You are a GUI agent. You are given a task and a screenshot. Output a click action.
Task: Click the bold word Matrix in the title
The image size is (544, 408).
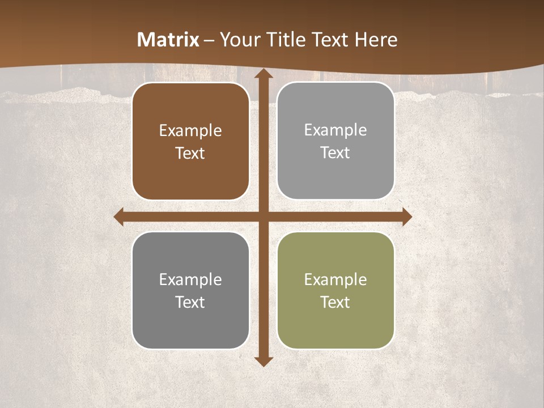point(168,40)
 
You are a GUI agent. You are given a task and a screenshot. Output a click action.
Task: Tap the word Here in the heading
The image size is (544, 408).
point(376,40)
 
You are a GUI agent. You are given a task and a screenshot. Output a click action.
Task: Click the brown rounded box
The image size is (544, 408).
point(190,141)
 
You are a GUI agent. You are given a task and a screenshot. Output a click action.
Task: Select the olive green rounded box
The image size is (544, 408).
point(335,290)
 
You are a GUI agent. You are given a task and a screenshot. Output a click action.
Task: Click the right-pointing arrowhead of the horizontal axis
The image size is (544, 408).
point(407,217)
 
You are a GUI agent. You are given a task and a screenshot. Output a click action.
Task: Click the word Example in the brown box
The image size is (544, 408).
point(190,131)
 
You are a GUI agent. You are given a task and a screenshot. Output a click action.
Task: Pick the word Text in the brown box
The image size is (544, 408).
point(190,154)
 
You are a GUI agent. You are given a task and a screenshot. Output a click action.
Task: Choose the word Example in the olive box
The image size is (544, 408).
point(335,279)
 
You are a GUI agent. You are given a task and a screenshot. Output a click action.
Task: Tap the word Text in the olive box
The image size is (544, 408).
point(335,302)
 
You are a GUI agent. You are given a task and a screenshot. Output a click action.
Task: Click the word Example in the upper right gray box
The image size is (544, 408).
point(335,130)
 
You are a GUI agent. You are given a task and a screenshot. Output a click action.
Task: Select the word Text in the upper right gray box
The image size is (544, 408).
point(335,153)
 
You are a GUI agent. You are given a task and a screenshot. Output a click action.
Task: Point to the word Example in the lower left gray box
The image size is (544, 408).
point(190,279)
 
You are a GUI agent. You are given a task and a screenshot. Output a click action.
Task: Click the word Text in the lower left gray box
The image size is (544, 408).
point(190,302)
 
